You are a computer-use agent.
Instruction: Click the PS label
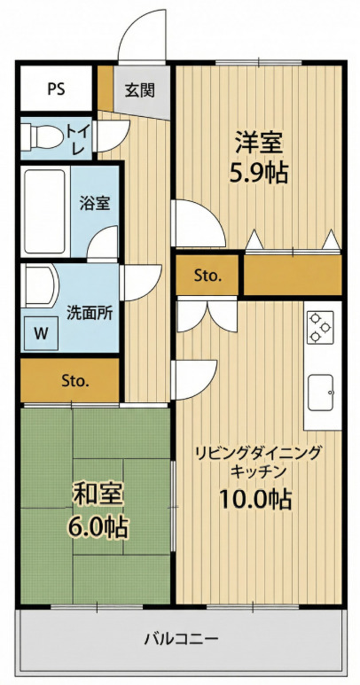point(56,89)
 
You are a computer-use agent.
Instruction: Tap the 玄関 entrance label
point(140,90)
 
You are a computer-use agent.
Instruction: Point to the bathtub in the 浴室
point(44,210)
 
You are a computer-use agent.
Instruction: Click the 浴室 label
point(95,203)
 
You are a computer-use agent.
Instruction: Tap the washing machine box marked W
point(41,333)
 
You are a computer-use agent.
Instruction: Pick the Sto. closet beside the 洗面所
point(74,381)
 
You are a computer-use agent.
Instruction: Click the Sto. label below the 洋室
point(207,276)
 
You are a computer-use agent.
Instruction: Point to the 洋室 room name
point(259,142)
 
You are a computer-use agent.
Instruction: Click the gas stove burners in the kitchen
point(319,327)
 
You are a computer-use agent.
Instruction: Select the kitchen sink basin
point(320,387)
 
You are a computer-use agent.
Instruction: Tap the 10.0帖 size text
point(256,498)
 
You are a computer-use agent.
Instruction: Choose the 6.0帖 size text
point(96,527)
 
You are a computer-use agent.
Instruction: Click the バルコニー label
point(181,638)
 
